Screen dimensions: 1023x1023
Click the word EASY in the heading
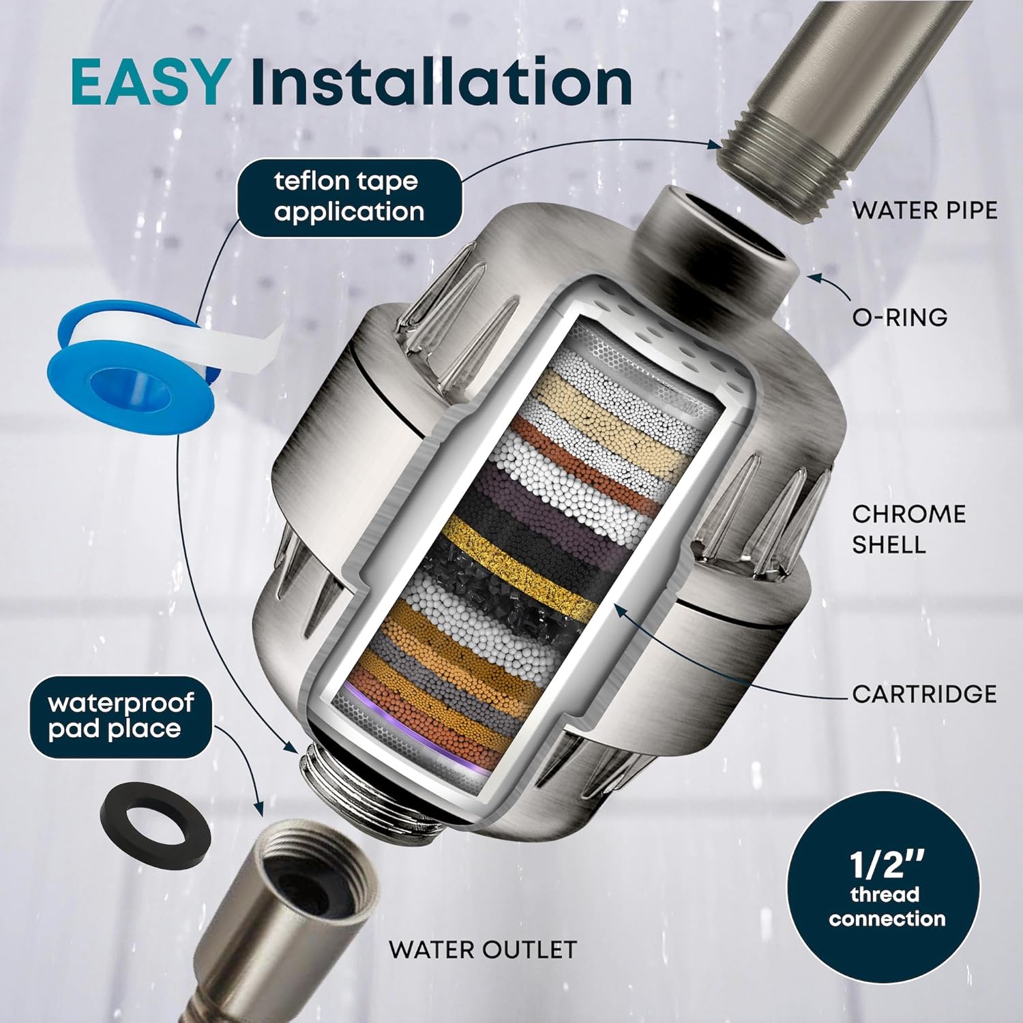[149, 83]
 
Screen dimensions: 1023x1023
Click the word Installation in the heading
[441, 83]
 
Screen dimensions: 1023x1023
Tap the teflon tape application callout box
[349, 197]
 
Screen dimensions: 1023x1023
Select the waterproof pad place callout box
[120, 717]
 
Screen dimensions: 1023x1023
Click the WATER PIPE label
[924, 211]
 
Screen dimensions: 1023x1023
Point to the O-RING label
[900, 317]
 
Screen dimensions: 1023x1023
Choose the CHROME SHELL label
[908, 529]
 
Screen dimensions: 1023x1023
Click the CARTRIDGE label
[924, 694]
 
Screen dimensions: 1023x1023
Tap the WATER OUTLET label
[482, 949]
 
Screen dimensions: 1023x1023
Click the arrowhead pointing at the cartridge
[621, 609]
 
